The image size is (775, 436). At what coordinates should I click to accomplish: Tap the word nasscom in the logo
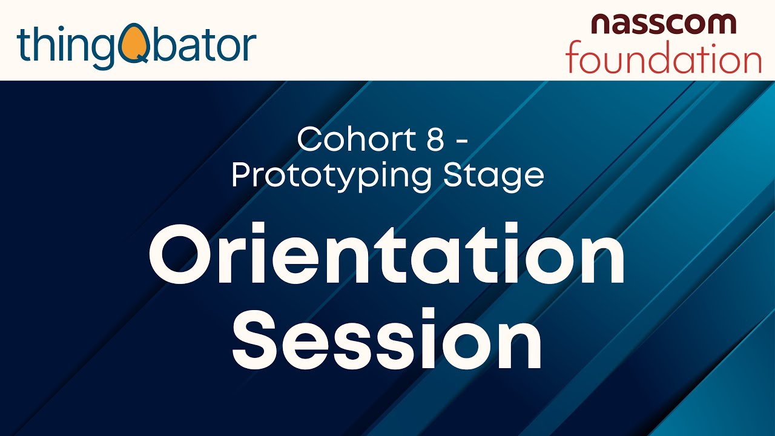(x=663, y=24)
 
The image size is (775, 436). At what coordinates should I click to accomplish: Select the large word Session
(x=387, y=340)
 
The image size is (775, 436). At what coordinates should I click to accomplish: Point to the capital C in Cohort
(x=311, y=140)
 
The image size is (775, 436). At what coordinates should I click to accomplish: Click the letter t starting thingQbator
(x=23, y=45)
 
